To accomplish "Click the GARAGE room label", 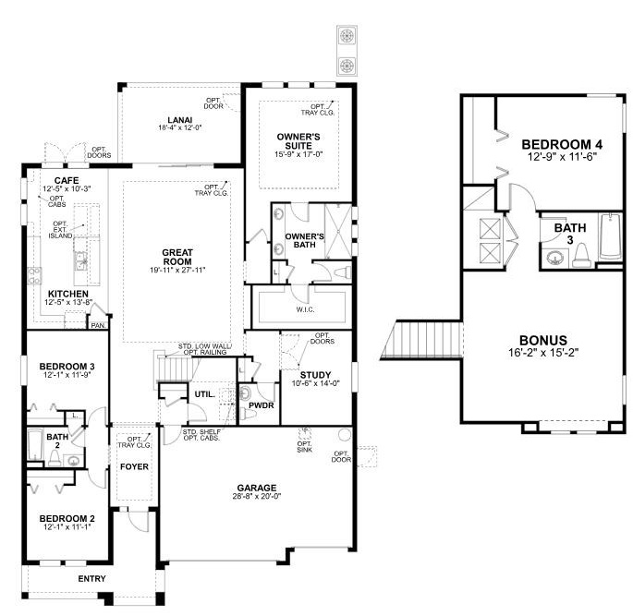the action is pos(257,488).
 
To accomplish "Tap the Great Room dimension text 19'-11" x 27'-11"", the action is pos(177,270).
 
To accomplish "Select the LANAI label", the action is pos(180,120).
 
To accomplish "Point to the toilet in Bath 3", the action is pos(582,256).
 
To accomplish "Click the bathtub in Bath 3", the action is pos(610,237).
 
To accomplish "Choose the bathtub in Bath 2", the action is pos(35,445).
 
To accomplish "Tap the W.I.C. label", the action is pos(305,309).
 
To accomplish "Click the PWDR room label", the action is pos(262,405).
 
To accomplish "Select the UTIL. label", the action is pos(205,394).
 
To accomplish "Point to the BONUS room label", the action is pos(543,340).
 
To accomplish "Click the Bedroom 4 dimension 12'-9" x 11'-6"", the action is pos(562,156).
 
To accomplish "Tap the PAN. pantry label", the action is pos(98,325).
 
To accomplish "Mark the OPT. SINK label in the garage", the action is pos(305,447).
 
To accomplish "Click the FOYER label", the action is pos(134,466).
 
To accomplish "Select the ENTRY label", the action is pos(92,579).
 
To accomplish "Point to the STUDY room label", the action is pos(316,375).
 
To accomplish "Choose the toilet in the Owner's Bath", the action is pos(343,272).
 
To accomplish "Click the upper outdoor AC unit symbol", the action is pos(347,36).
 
